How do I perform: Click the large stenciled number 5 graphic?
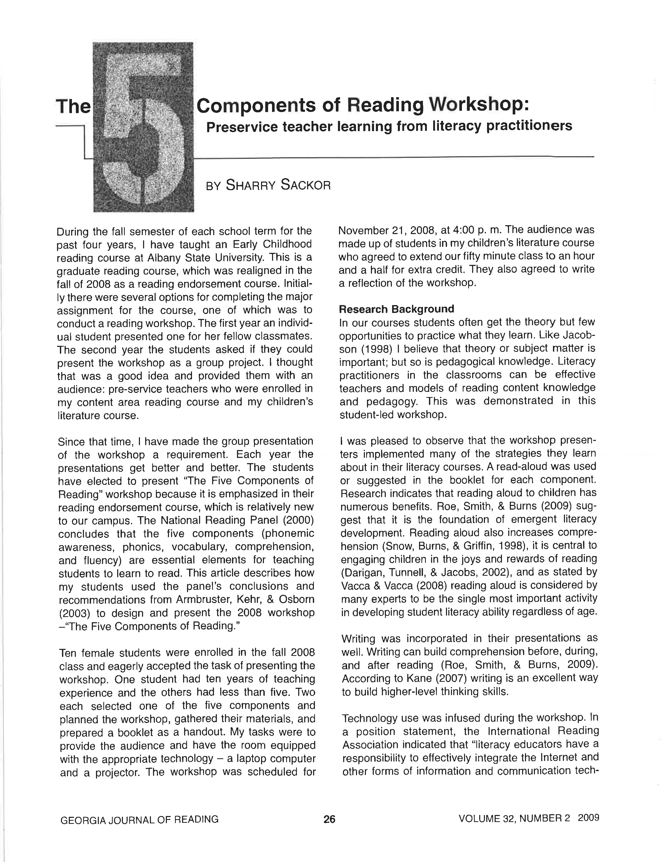(x=143, y=127)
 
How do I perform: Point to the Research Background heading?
(x=396, y=309)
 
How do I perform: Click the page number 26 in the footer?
(x=329, y=819)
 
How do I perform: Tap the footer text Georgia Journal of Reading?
(x=139, y=819)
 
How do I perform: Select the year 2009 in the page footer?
(x=588, y=818)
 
